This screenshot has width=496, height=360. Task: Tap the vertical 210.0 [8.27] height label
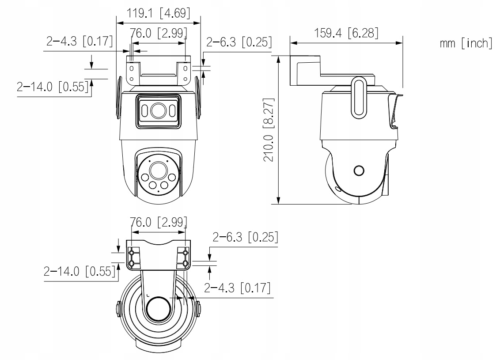click(270, 129)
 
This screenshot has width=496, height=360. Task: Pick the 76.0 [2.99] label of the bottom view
click(158, 222)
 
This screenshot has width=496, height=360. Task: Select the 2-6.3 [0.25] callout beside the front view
click(239, 42)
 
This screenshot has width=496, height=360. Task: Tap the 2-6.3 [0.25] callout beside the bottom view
click(245, 238)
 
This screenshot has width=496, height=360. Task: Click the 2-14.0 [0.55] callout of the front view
click(52, 87)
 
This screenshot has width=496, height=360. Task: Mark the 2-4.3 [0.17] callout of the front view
click(79, 42)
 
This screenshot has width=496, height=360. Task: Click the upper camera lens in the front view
click(157, 110)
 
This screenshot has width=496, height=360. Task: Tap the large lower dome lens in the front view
click(157, 170)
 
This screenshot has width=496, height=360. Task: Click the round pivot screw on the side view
click(359, 171)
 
